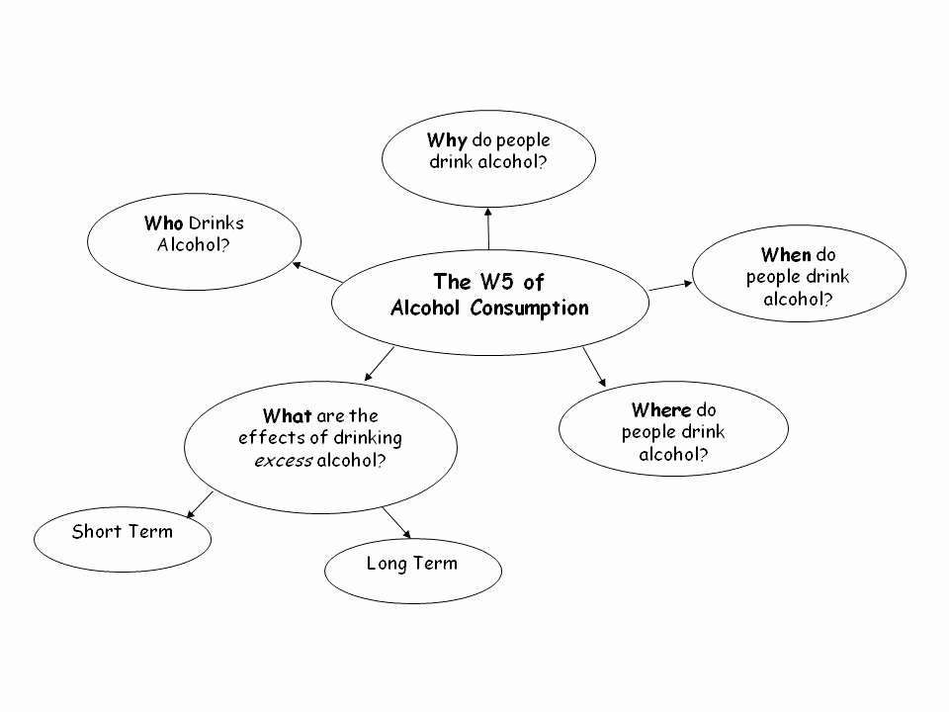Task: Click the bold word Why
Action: (x=447, y=140)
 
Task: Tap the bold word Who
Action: (x=164, y=223)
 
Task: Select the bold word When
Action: (x=786, y=255)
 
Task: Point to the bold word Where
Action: (x=660, y=410)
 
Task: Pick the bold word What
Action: (x=288, y=416)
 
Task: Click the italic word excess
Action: (x=284, y=461)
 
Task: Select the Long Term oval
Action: (x=412, y=570)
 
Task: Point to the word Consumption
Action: (x=529, y=308)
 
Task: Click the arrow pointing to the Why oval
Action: (x=488, y=228)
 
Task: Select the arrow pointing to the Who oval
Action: (x=317, y=272)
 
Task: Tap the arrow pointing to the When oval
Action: (x=671, y=285)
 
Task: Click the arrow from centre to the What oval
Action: (x=380, y=364)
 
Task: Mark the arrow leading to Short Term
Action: (x=201, y=503)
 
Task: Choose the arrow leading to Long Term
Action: (x=394, y=521)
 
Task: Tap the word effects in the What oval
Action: (x=267, y=438)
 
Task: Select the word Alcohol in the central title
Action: (x=426, y=308)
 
